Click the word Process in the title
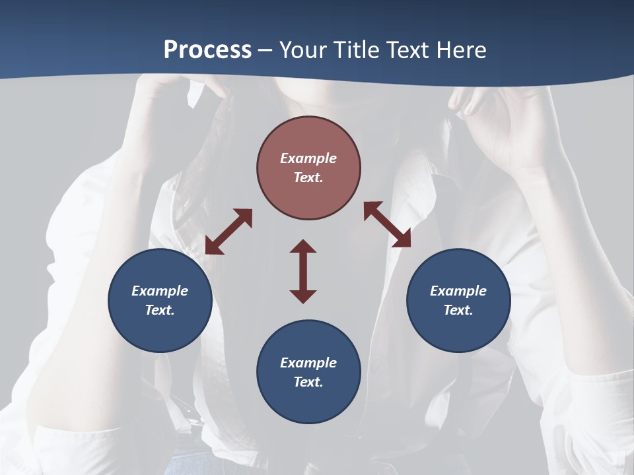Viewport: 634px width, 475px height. tap(207, 49)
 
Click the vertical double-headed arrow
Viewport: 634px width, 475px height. tap(303, 271)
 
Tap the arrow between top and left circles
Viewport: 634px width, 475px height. tap(229, 232)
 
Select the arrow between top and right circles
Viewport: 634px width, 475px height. tap(387, 224)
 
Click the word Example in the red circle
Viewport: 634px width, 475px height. tap(308, 158)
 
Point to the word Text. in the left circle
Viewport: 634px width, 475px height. tap(160, 310)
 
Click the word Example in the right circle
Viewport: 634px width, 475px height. tap(458, 291)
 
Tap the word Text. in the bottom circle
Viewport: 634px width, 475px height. tap(308, 382)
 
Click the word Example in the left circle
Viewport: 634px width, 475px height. tap(160, 291)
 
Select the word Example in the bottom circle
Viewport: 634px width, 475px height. tap(308, 363)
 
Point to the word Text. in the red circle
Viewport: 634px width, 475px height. tap(308, 177)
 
